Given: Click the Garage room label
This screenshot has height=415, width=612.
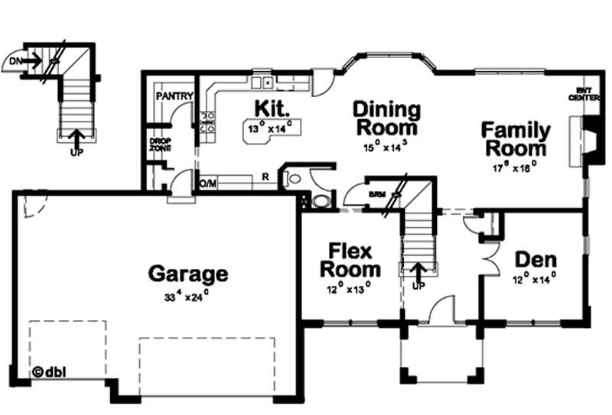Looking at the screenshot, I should [x=187, y=273].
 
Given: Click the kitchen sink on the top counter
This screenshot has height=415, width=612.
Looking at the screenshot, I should [x=263, y=81].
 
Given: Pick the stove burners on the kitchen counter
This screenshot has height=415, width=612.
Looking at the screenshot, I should [x=207, y=122].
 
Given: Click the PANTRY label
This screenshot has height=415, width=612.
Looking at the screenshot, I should [x=174, y=96].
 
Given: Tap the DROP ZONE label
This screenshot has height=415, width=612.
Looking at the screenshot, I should [x=160, y=144].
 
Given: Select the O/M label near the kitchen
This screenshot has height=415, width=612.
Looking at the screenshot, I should [x=207, y=184].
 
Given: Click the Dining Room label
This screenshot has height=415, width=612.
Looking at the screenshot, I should [x=386, y=118].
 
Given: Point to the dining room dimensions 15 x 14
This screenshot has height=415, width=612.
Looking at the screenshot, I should [x=386, y=144].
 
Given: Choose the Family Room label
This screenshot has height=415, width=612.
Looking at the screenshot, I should [x=515, y=138].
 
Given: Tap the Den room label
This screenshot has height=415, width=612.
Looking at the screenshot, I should [x=535, y=258].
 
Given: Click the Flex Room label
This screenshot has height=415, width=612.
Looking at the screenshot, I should [x=350, y=260].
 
